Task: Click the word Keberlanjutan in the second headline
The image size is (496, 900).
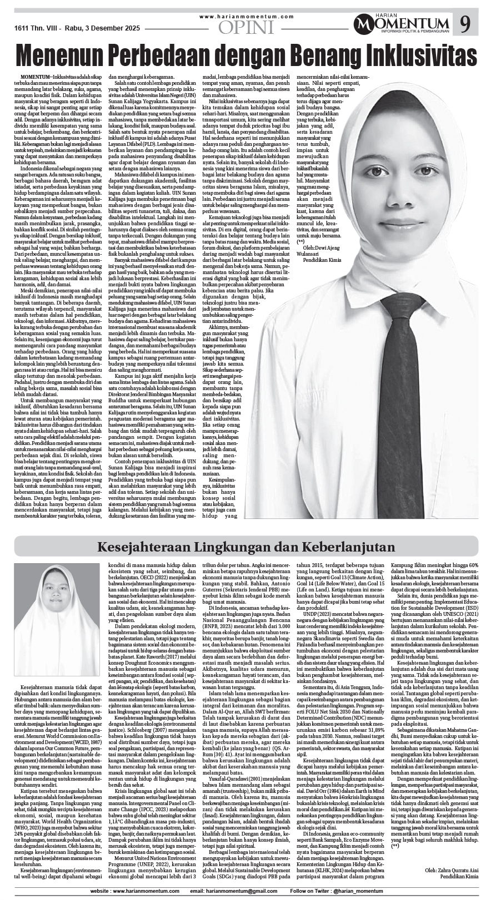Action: pos(343,547)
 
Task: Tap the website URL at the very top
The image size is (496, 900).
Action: pos(246,17)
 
